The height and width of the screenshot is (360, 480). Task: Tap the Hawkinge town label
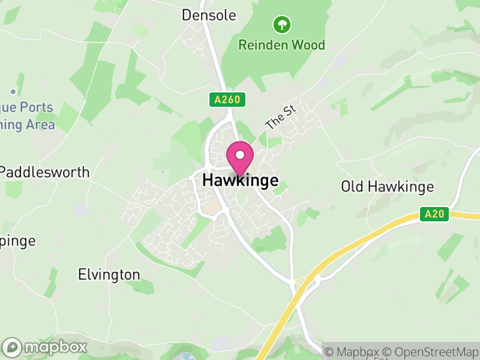tap(240, 180)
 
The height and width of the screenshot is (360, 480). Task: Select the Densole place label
tap(209, 15)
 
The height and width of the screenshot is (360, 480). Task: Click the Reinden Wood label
tap(281, 45)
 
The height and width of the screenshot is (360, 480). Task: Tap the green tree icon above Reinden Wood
tap(281, 25)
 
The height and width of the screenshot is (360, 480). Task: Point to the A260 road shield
tap(228, 100)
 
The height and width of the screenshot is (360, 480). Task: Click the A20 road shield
tap(434, 214)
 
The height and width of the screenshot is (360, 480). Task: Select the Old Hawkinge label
tap(387, 187)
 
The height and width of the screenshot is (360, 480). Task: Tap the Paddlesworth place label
tap(45, 172)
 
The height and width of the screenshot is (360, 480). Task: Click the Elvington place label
tap(109, 275)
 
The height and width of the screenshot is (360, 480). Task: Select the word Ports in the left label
tap(37, 108)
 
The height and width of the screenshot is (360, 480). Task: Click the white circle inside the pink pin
tap(240, 155)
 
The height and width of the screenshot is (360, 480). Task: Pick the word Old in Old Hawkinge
tap(352, 187)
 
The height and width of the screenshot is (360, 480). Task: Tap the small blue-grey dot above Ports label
tap(13, 92)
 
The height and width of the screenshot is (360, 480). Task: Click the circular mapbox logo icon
tap(13, 347)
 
